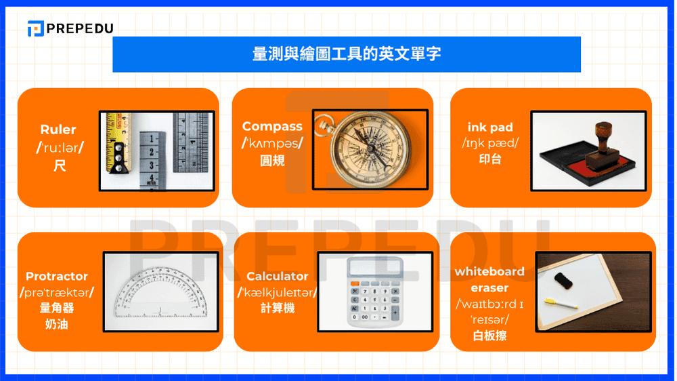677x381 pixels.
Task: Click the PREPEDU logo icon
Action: tap(35, 28)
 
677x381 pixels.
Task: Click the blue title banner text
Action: tap(346, 54)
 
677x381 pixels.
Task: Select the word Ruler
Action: tap(58, 129)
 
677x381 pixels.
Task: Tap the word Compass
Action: tap(272, 126)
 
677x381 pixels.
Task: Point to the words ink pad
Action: tap(490, 127)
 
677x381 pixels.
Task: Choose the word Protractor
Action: tap(57, 276)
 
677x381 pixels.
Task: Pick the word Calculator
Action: tap(277, 276)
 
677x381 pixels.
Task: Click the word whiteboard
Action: tap(489, 271)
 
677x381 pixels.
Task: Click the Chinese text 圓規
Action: tap(272, 161)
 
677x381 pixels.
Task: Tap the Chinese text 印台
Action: tap(490, 160)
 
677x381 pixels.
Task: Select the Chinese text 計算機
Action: tap(277, 308)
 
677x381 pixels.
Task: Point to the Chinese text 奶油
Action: tap(57, 324)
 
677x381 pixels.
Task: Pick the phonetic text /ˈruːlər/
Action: tap(59, 147)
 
